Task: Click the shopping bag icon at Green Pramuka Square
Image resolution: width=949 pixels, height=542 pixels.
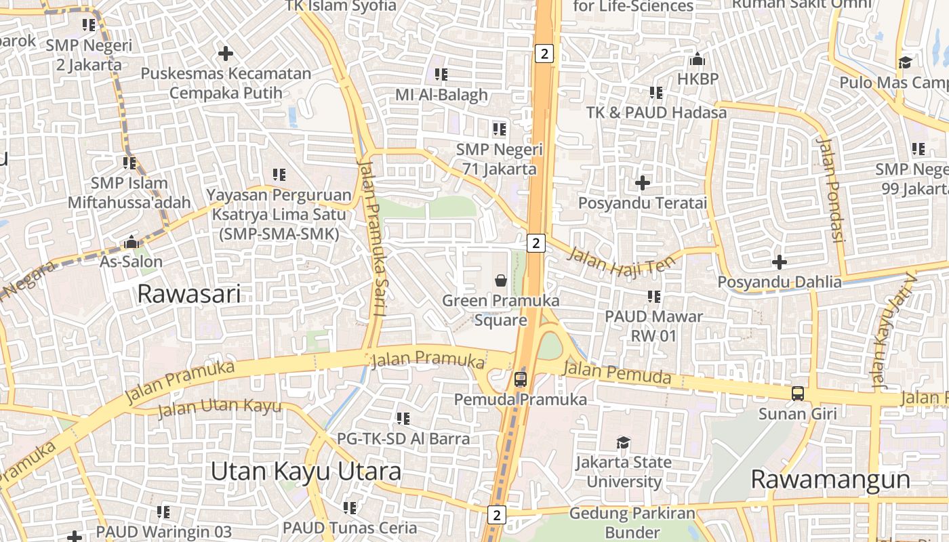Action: pyautogui.click(x=500, y=280)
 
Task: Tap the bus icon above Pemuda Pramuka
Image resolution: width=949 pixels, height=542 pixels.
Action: pyautogui.click(x=520, y=379)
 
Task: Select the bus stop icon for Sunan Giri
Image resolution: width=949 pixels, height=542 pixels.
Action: pyautogui.click(x=798, y=393)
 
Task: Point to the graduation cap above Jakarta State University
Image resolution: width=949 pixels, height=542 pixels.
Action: pyautogui.click(x=623, y=443)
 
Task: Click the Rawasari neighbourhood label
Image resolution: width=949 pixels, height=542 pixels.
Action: pyautogui.click(x=189, y=294)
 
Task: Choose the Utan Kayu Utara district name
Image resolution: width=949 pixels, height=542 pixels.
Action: pyautogui.click(x=305, y=472)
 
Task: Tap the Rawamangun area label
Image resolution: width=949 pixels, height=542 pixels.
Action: pyautogui.click(x=830, y=480)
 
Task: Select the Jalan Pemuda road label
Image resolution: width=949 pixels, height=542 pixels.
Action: pyautogui.click(x=617, y=373)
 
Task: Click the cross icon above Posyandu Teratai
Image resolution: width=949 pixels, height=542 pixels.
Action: pyautogui.click(x=642, y=182)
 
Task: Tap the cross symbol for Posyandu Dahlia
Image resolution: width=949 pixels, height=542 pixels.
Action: pyautogui.click(x=780, y=262)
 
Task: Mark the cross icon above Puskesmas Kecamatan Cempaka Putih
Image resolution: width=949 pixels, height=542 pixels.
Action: pyautogui.click(x=226, y=53)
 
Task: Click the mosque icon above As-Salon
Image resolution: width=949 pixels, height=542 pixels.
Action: pyautogui.click(x=131, y=242)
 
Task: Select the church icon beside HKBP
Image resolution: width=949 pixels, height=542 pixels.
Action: pyautogui.click(x=698, y=59)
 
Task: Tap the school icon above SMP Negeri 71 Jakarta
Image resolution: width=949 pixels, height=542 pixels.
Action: pyautogui.click(x=500, y=129)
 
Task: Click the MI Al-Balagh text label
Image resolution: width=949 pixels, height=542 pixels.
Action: pyautogui.click(x=442, y=95)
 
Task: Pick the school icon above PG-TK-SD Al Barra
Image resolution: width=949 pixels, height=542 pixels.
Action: pyautogui.click(x=403, y=419)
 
